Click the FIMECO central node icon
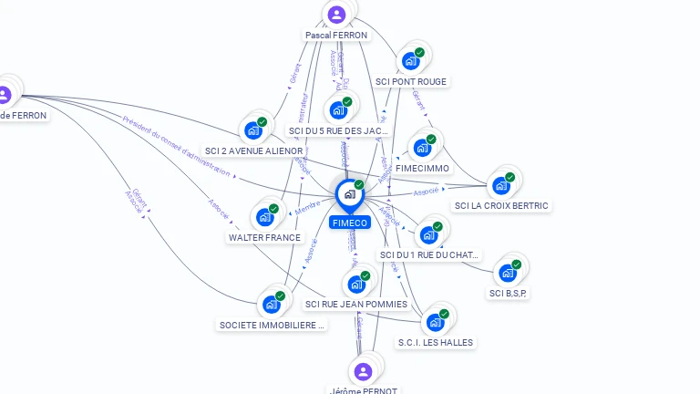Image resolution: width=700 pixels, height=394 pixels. pos(349,194)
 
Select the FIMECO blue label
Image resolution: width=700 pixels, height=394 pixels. pos(350,223)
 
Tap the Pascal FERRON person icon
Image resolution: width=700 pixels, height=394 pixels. pos(336,15)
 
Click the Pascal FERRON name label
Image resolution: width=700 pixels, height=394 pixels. pos(336,36)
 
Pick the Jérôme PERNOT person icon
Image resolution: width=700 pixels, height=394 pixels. pos(363,371)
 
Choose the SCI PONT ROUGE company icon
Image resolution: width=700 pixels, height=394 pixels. pos(410,61)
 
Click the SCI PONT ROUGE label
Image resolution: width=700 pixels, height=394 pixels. pos(411,81)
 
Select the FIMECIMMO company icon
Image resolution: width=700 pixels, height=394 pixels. pos(421,148)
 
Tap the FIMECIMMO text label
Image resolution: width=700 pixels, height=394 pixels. pos(423,168)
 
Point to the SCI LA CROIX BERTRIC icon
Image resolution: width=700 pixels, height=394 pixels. pos(500,185)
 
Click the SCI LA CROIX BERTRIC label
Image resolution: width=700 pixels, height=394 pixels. pos(501,205)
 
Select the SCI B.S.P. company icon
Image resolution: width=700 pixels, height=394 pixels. pos(507,272)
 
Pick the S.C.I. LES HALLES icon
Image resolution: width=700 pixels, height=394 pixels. pos(436,322)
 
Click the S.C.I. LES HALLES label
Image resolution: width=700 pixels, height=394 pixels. pos(436,342)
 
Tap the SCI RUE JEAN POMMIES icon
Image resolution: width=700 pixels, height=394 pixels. pos(355,284)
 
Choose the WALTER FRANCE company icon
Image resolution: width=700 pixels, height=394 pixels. pos(264,217)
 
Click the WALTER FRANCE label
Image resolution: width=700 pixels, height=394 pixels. pos(264,237)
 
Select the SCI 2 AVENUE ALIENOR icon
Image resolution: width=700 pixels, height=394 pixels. pos(252,130)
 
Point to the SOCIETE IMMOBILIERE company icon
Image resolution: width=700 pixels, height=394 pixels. pos(271,304)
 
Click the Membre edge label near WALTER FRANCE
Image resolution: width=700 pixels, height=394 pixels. pos(307,211)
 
